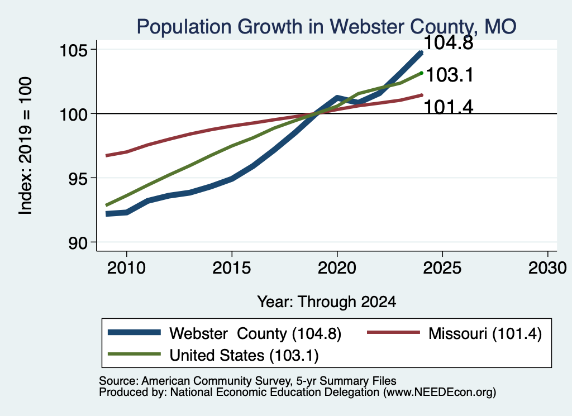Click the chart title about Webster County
tap(326, 27)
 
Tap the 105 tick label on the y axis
tap(74, 50)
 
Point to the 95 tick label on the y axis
tap(79, 179)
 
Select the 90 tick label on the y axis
tap(79, 243)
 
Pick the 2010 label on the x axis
tap(127, 268)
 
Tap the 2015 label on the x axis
tap(232, 268)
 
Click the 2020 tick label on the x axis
tap(337, 268)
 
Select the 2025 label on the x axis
tap(442, 268)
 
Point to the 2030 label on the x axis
tap(547, 268)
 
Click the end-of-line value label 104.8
tap(449, 42)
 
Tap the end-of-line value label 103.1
tap(450, 75)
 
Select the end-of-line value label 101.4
tap(449, 107)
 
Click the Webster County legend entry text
tap(255, 333)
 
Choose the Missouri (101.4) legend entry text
tap(485, 333)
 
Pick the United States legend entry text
tap(244, 355)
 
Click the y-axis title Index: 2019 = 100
tap(26, 146)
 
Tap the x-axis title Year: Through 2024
tap(326, 302)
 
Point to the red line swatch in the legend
tap(393, 332)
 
